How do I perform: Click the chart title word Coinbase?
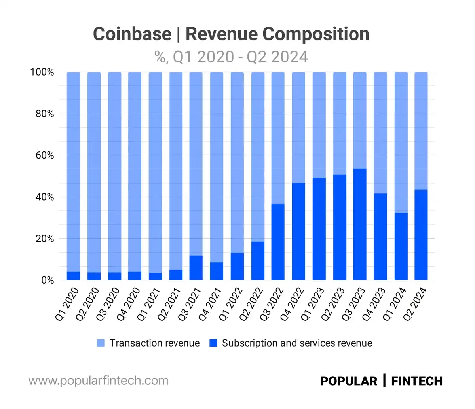point(132,34)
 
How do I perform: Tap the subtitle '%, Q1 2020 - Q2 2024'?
point(231,57)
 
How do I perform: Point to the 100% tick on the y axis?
point(42,72)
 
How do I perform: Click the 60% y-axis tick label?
point(44,155)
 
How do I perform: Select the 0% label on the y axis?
point(46,280)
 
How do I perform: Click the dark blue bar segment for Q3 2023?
point(359,224)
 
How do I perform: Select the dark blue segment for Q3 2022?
point(278,242)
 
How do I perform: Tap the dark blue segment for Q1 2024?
point(401,246)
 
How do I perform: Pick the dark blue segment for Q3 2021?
point(196,268)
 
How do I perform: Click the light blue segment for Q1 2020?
point(73,172)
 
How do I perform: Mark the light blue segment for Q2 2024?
point(421,131)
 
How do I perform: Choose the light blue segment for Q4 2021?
point(217,167)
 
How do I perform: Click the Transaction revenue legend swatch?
point(101,343)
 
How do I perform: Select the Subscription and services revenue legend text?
point(297,343)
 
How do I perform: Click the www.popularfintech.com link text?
point(99,381)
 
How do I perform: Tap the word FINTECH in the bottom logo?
point(417,381)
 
